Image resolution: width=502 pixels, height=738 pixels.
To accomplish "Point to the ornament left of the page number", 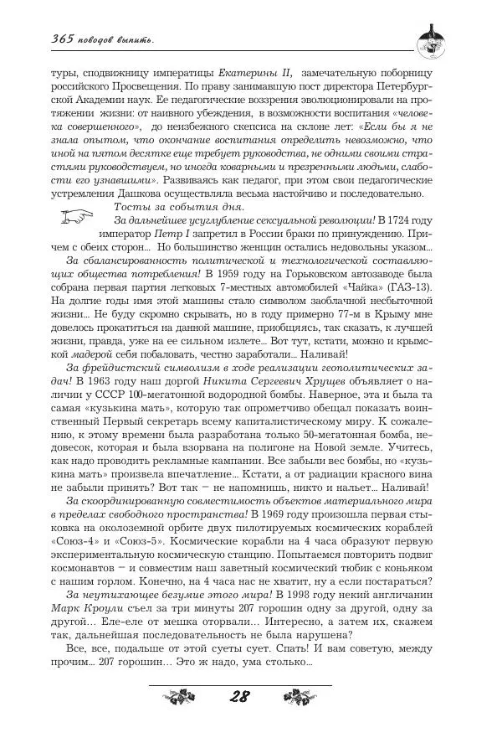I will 182,696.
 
